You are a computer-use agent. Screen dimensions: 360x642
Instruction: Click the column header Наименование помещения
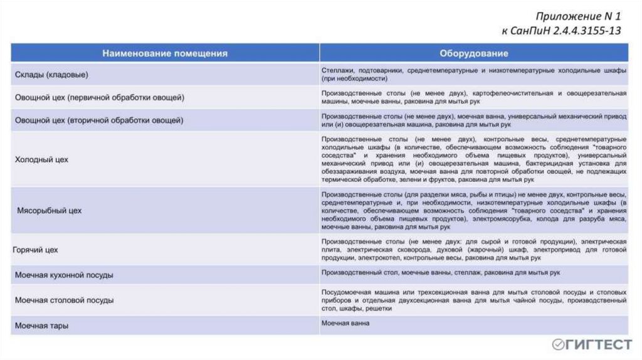coord(165,53)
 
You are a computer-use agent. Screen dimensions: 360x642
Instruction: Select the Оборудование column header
coord(473,53)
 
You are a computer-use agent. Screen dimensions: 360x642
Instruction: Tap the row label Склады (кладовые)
coord(51,75)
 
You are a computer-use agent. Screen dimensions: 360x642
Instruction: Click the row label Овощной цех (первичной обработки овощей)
coord(100,97)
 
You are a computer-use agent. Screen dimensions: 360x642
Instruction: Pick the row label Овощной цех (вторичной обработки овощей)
coord(99,119)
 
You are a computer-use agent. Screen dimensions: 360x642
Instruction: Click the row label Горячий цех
coord(36,250)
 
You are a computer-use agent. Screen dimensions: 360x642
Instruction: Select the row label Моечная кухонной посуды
coord(64,275)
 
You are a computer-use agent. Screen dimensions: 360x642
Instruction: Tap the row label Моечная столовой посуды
coord(64,300)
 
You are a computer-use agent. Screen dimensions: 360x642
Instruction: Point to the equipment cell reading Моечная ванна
coord(345,323)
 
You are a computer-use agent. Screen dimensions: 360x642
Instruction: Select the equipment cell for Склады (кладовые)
coord(473,75)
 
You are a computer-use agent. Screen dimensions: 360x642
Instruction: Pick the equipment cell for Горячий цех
coord(473,250)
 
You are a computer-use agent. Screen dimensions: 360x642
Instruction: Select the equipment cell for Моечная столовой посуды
coord(473,300)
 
